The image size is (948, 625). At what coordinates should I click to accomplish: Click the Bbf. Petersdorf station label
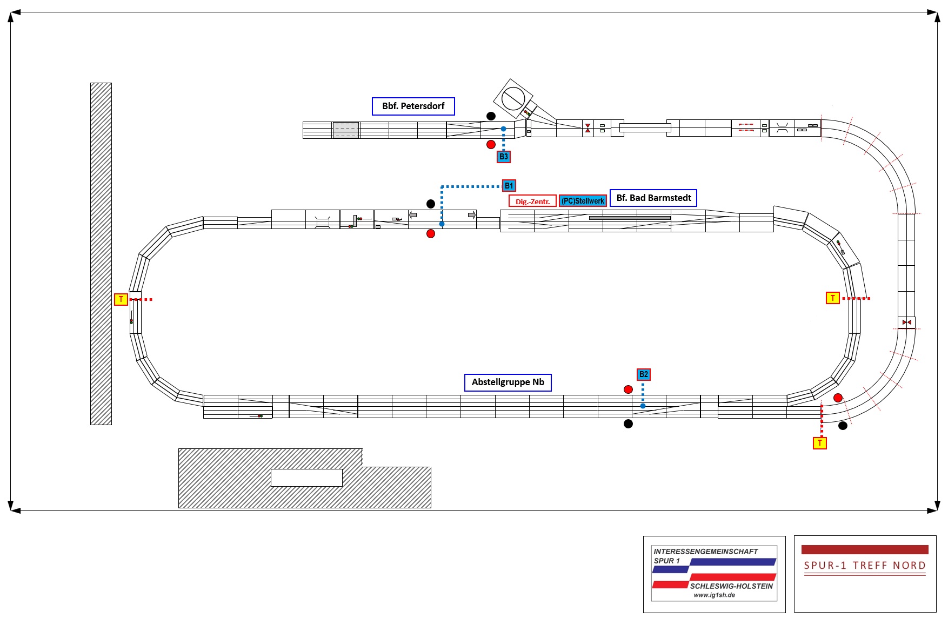point(413,106)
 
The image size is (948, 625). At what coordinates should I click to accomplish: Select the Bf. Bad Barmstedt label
point(653,198)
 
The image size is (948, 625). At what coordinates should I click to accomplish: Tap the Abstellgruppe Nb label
point(508,382)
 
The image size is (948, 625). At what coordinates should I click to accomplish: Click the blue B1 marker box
point(509,186)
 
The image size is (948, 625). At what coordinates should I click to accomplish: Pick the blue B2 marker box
point(643,374)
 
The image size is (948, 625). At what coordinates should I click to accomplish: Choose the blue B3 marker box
point(503,157)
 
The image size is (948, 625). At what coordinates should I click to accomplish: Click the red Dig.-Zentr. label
point(532,201)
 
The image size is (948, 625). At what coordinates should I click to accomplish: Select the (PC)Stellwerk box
point(583,201)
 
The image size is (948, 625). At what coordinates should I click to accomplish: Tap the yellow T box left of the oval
point(121,299)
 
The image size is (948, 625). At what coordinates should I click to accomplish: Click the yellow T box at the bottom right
point(820,443)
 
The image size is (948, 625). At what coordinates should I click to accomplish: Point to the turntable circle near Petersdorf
point(513,98)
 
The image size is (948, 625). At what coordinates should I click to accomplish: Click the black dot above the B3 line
point(491,116)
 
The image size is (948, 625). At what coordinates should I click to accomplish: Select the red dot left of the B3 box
point(491,144)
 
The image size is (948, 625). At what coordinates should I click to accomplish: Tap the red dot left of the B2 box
point(628,389)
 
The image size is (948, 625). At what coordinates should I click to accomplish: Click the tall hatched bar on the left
point(101,254)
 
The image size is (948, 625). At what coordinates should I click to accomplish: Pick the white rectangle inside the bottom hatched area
point(306,478)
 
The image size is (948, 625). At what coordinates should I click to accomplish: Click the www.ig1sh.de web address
point(714,595)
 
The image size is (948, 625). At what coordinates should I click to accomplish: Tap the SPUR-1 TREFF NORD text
point(865,566)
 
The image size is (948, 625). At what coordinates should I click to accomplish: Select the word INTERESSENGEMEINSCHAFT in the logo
point(705,552)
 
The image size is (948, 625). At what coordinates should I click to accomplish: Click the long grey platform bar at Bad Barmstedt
point(630,218)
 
